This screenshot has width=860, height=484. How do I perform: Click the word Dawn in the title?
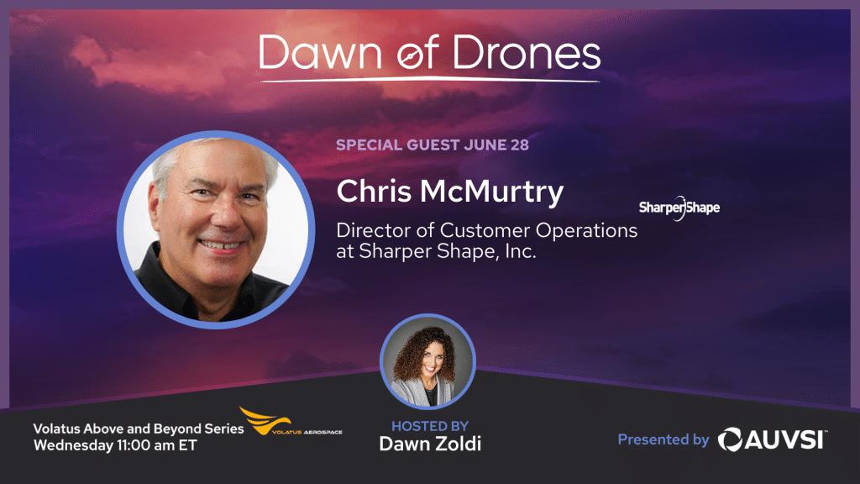coord(320,53)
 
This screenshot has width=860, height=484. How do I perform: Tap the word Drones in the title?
coord(527,53)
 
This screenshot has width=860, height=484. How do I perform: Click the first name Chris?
coord(374,191)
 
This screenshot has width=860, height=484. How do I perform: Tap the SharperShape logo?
coord(679,208)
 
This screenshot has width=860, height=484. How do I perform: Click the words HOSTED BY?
coord(430,426)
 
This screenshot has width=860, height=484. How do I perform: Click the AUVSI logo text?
coord(773,439)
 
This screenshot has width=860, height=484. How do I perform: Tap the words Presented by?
coord(663,439)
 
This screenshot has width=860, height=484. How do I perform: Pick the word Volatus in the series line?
coord(56,429)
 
